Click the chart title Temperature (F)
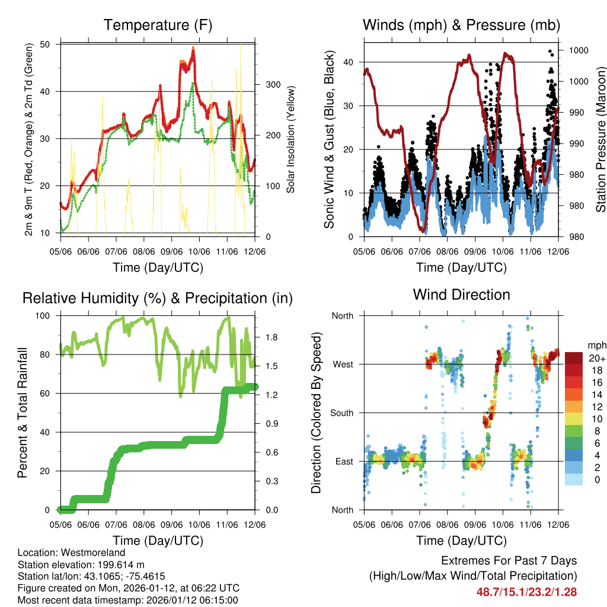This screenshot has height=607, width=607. point(158,25)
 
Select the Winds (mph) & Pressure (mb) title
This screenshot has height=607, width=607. point(461,25)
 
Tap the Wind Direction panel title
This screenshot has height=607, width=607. point(461,295)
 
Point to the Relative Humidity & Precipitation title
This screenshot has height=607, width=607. point(158,298)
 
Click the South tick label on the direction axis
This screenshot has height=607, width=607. point(341,413)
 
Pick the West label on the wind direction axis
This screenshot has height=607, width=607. point(343,364)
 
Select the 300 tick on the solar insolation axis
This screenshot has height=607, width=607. point(272,84)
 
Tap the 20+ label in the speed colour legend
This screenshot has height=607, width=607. point(596,358)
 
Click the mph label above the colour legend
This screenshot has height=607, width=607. point(596,345)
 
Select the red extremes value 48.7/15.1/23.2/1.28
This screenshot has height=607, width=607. point(526,592)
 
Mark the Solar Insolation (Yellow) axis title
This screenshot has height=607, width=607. point(290,139)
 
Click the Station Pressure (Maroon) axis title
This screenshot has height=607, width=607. point(600,139)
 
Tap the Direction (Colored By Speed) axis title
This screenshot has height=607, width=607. point(317,413)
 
